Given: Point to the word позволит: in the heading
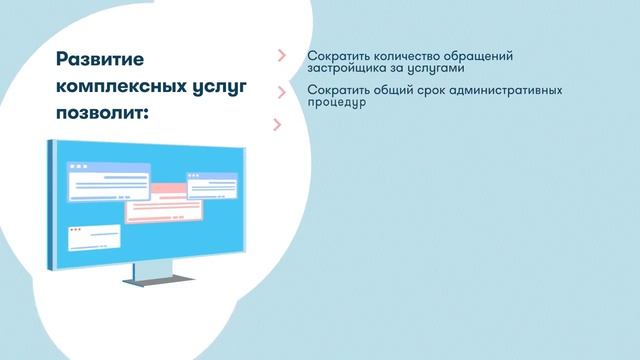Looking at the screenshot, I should [102, 113].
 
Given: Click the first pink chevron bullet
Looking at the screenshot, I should [281, 56].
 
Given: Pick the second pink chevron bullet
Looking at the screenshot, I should [281, 92].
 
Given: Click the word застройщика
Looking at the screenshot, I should [351, 71].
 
